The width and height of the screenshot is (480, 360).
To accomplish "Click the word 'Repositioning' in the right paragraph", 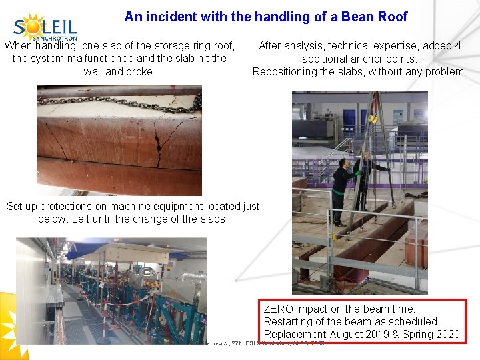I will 285,71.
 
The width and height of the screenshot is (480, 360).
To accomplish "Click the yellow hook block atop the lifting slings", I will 374,118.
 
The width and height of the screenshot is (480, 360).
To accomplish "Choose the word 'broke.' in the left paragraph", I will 140,71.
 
